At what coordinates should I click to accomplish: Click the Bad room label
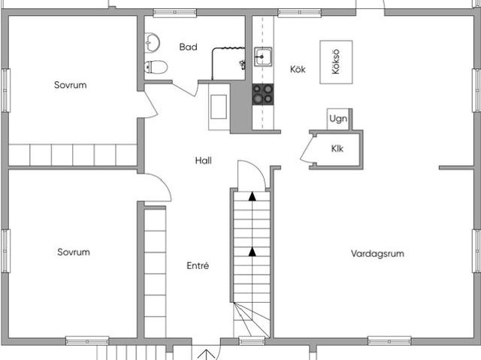(188, 47)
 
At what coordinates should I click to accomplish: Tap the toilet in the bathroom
(156, 67)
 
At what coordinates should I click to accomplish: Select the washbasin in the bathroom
(152, 43)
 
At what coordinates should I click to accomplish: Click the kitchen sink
(262, 56)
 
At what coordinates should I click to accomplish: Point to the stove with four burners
(263, 94)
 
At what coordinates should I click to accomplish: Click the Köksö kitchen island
(336, 62)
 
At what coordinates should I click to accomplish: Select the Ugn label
(338, 119)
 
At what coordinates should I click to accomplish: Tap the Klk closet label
(337, 149)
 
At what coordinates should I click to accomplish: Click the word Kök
(298, 69)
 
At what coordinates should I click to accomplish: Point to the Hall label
(204, 160)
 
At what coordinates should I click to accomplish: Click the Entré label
(198, 265)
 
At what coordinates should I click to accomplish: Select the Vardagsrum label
(377, 253)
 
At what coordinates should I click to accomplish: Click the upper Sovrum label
(70, 85)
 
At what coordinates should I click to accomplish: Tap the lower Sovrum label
(74, 252)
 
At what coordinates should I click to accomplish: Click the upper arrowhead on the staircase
(253, 197)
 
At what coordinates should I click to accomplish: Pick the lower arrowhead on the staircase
(253, 252)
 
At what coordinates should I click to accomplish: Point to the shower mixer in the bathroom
(242, 65)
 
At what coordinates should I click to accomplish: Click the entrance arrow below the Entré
(207, 355)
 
